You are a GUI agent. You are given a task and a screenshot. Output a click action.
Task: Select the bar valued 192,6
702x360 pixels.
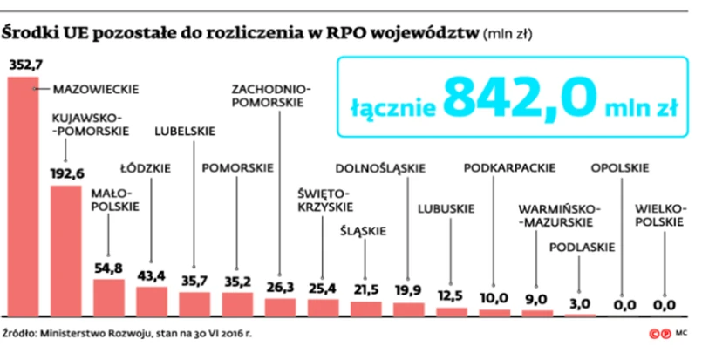pos(65,248)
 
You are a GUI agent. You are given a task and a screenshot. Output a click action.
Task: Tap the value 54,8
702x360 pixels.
pos(108,266)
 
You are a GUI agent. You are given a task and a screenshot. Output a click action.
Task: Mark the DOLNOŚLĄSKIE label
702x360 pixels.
pos(379,168)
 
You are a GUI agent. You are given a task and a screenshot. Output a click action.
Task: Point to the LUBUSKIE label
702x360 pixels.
pos(446,208)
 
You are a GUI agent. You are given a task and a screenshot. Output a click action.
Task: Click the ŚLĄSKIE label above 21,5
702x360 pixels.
pos(364,231)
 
